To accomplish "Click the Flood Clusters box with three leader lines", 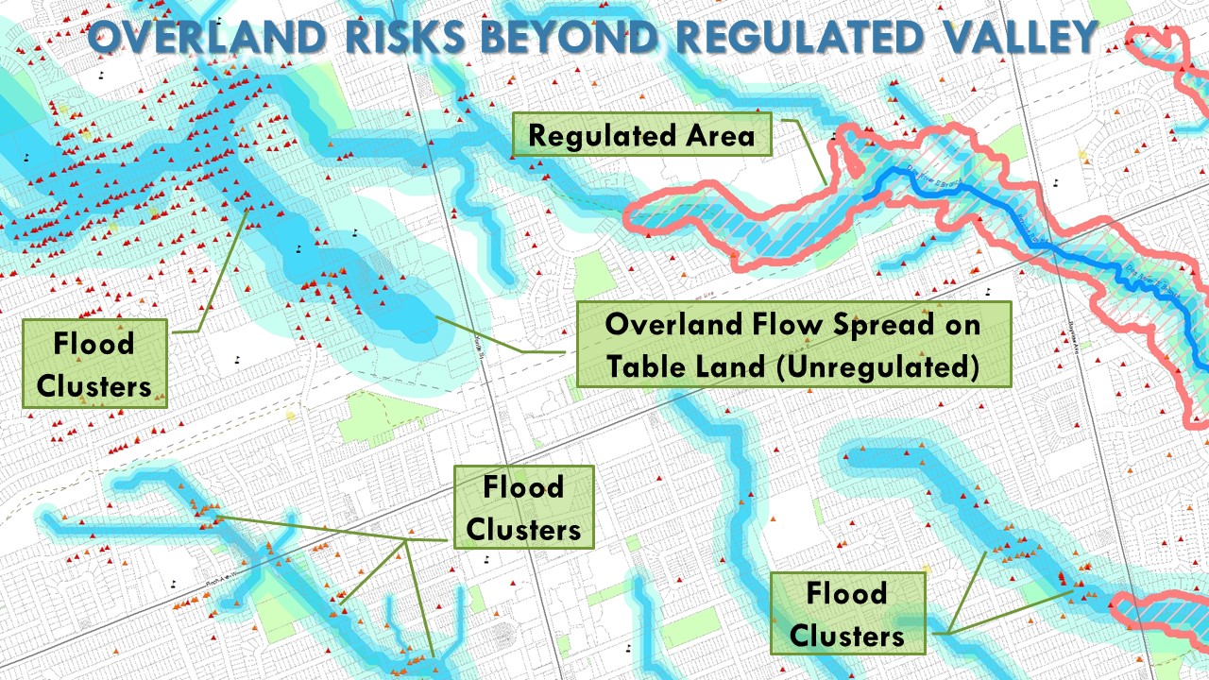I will [523, 507].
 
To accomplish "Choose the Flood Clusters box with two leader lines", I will [847, 614].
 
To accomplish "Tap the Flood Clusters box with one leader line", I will [94, 363].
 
